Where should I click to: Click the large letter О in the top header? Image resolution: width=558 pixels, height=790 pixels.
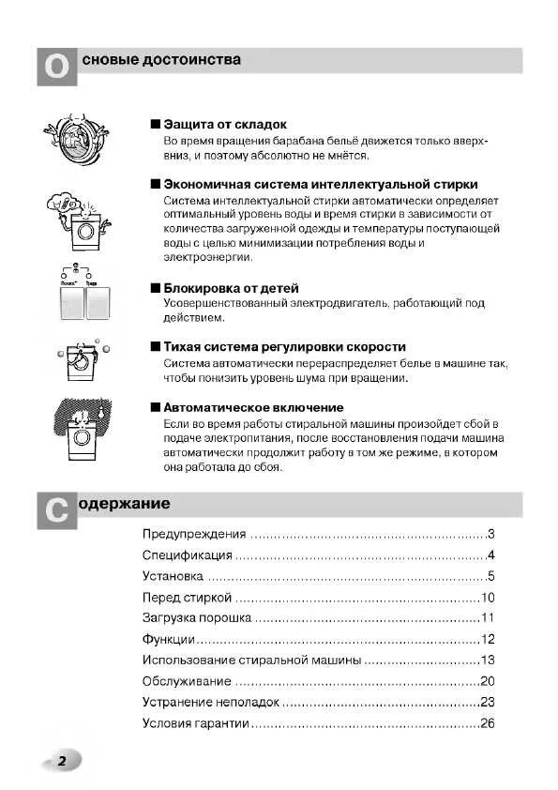pos(56,68)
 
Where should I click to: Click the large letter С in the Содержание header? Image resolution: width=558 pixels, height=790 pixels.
pos(56,510)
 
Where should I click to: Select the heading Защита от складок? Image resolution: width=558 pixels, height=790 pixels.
pos(225,124)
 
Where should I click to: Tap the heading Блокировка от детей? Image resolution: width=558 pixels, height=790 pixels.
pos(231,287)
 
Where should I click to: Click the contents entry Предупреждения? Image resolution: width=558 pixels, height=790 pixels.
pos(194,534)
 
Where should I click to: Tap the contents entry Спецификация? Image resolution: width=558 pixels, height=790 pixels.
pos(188,555)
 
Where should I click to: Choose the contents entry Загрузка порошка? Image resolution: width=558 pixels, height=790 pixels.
pos(197,618)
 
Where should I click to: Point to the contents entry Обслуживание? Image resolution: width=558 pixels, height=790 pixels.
pos(186,681)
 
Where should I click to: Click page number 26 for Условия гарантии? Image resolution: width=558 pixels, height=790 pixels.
pos(487,723)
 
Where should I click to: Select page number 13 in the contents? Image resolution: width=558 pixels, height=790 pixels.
pos(487,661)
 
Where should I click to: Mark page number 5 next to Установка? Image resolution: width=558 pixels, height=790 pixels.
pos(490,576)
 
